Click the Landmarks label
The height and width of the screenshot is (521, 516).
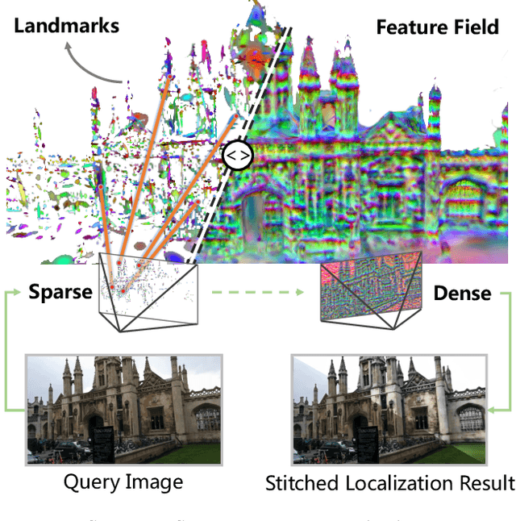(x=65, y=25)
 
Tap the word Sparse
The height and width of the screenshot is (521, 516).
(x=60, y=292)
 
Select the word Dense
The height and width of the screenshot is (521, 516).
(x=462, y=293)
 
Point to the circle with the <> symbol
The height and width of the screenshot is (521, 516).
(x=238, y=155)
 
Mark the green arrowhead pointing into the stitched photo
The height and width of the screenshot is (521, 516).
(x=491, y=409)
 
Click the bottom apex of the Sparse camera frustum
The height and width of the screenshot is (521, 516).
(x=122, y=330)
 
